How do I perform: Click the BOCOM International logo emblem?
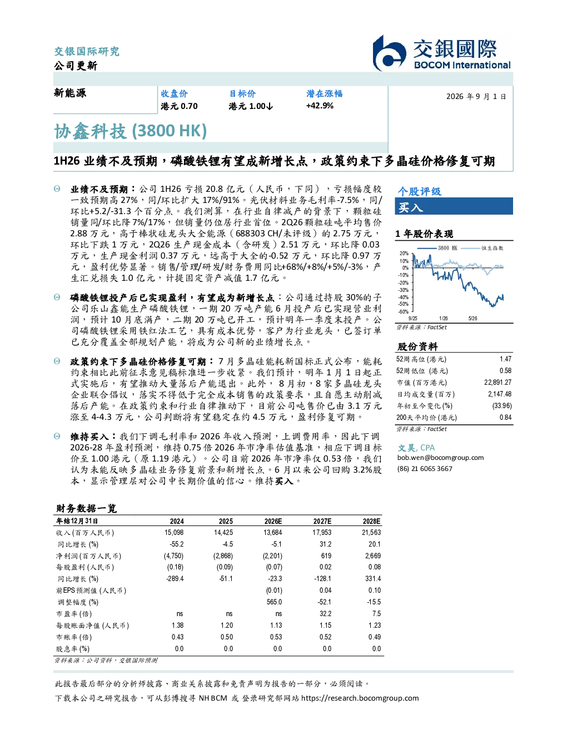pos(389,53)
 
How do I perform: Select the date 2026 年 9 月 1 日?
pos(476,97)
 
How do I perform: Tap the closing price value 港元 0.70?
pos(179,106)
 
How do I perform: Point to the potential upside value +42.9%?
pos(320,106)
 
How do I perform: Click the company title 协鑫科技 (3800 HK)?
pos(130,131)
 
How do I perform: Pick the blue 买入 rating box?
pos(454,206)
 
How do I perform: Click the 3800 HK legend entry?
pos(437,248)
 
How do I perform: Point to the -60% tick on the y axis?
pos(404,311)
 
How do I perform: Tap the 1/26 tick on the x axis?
pos(444,318)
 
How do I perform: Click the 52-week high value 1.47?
pos(505,359)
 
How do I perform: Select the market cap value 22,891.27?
pos(498,383)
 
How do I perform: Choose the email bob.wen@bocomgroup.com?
pos(440,458)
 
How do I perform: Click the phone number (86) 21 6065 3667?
pos(425,469)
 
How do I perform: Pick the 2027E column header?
pos(322,521)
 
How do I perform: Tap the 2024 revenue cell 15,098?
pos(174,533)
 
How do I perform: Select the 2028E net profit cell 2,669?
pos(373,556)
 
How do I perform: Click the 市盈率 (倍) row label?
pos(73,614)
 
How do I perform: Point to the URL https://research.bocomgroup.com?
pos(360,698)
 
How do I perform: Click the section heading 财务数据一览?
pos(86,508)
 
